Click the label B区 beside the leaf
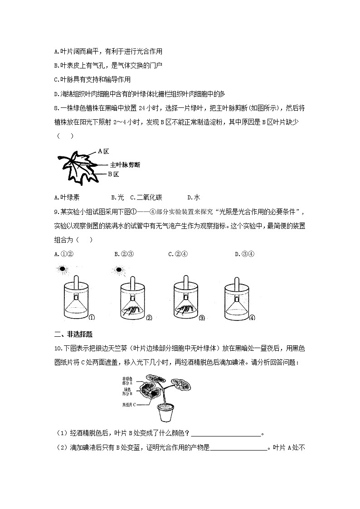point(113,174)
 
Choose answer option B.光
point(117,197)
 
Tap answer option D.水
point(194,197)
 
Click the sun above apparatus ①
point(62,269)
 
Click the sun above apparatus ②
point(119,270)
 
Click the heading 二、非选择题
point(73,334)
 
